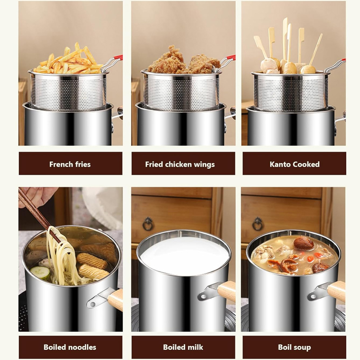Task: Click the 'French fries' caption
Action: click(70, 165)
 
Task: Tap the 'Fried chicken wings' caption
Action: click(180, 165)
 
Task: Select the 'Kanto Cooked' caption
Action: click(294, 165)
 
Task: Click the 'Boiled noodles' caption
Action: click(70, 347)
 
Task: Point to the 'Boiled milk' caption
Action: click(183, 347)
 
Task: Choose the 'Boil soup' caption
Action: click(294, 347)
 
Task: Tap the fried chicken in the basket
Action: click(183, 61)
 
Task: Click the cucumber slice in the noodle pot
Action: click(41, 272)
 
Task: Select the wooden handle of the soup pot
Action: click(336, 291)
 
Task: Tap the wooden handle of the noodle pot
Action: click(115, 300)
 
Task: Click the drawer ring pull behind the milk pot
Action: click(148, 224)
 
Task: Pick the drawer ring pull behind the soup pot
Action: click(257, 224)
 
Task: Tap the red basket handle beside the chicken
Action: click(230, 58)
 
